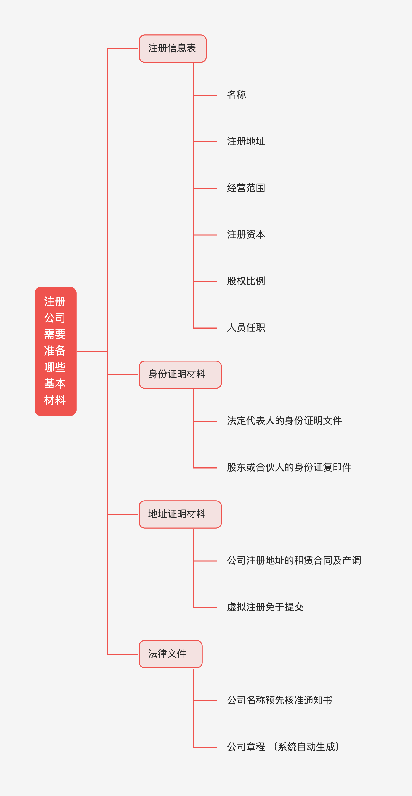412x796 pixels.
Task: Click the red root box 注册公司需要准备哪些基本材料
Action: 55,351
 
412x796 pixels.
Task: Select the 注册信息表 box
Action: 173,48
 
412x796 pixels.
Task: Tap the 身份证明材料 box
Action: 180,374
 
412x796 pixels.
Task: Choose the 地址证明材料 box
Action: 180,514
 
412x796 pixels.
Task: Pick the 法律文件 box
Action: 171,654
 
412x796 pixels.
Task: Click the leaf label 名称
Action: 237,95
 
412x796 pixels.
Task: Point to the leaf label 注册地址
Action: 246,141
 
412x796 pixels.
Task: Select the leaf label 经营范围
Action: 246,188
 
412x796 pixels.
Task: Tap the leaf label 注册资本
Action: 246,235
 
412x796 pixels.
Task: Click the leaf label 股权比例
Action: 246,281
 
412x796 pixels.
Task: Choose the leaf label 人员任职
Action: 246,327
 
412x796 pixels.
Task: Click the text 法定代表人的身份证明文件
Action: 284,421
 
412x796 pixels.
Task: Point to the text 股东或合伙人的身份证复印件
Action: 289,467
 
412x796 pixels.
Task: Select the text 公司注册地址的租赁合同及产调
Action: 294,561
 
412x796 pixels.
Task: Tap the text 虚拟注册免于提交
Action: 265,607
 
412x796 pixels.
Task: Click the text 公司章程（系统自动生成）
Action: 284,747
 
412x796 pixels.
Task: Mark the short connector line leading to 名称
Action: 205,95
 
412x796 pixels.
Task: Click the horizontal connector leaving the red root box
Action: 92,351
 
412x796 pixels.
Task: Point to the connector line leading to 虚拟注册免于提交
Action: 205,608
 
